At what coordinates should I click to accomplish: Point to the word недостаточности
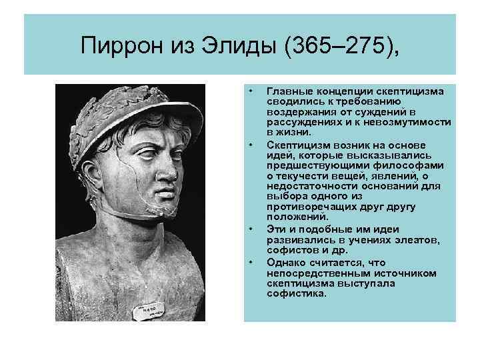(310, 187)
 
